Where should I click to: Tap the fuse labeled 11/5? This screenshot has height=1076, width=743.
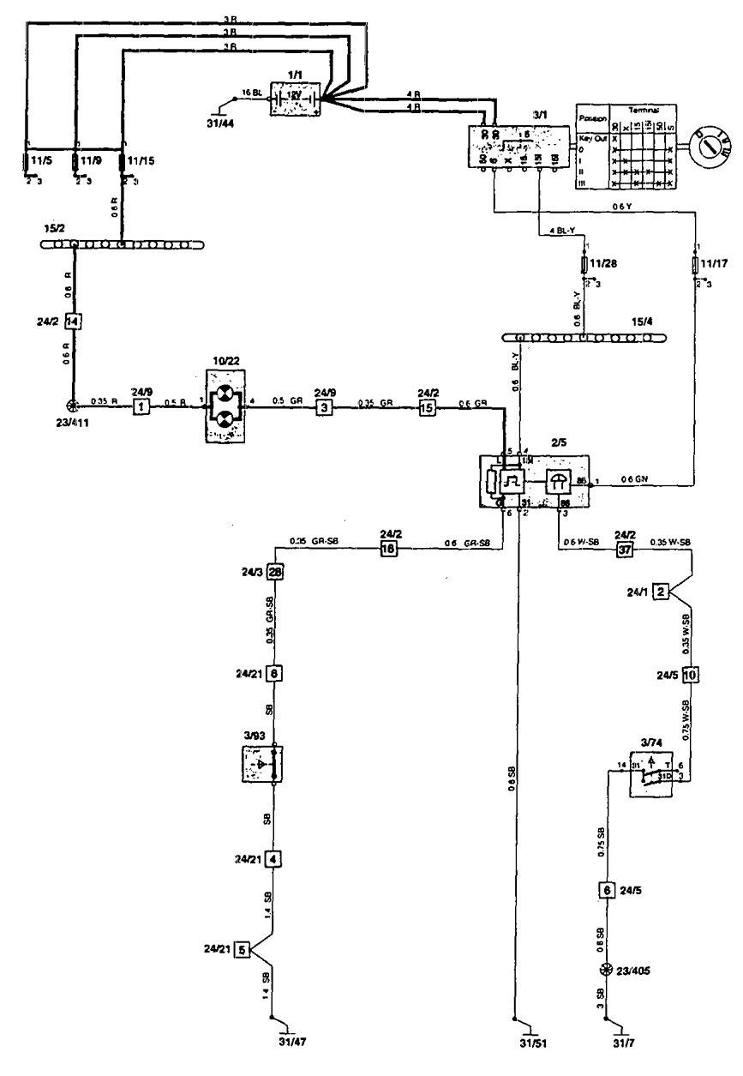click(x=27, y=160)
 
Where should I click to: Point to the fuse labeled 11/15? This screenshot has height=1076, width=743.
click(x=123, y=160)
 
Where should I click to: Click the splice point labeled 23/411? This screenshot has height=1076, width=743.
click(x=74, y=407)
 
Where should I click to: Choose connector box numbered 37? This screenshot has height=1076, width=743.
click(x=624, y=550)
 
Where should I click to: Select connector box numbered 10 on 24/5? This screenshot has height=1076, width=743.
click(x=691, y=675)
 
